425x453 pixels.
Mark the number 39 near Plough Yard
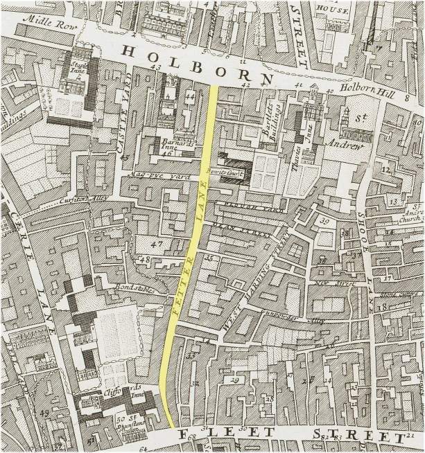click(x=324, y=221)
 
